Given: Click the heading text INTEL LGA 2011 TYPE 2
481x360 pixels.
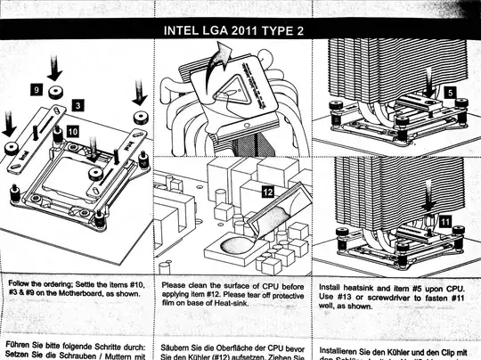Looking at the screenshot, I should (x=240, y=30).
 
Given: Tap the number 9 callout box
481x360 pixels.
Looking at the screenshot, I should (x=36, y=90).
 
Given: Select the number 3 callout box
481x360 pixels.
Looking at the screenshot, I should (x=78, y=105).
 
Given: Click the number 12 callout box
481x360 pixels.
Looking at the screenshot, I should (x=267, y=190).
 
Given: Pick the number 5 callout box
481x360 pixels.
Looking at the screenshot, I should (x=451, y=92).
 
